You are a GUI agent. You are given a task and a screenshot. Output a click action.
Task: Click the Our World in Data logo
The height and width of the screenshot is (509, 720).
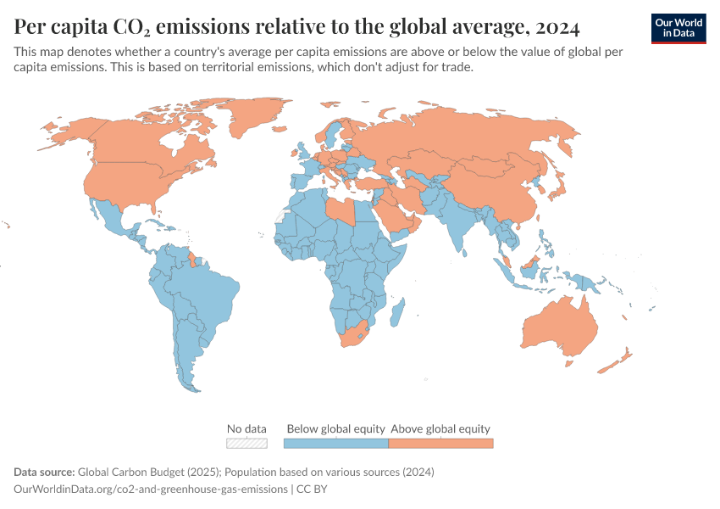678,28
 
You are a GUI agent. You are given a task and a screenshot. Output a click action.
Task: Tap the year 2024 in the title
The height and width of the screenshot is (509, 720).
557,28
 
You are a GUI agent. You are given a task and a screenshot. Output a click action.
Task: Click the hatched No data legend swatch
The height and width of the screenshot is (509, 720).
246,443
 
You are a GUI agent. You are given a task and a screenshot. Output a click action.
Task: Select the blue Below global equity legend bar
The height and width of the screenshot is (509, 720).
335,443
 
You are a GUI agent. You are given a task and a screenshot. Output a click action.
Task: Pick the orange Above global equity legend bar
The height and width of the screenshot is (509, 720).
440,443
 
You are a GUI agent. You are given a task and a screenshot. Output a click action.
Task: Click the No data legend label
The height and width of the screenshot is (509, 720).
246,428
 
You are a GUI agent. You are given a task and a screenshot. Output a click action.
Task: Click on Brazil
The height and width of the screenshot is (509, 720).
208,293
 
